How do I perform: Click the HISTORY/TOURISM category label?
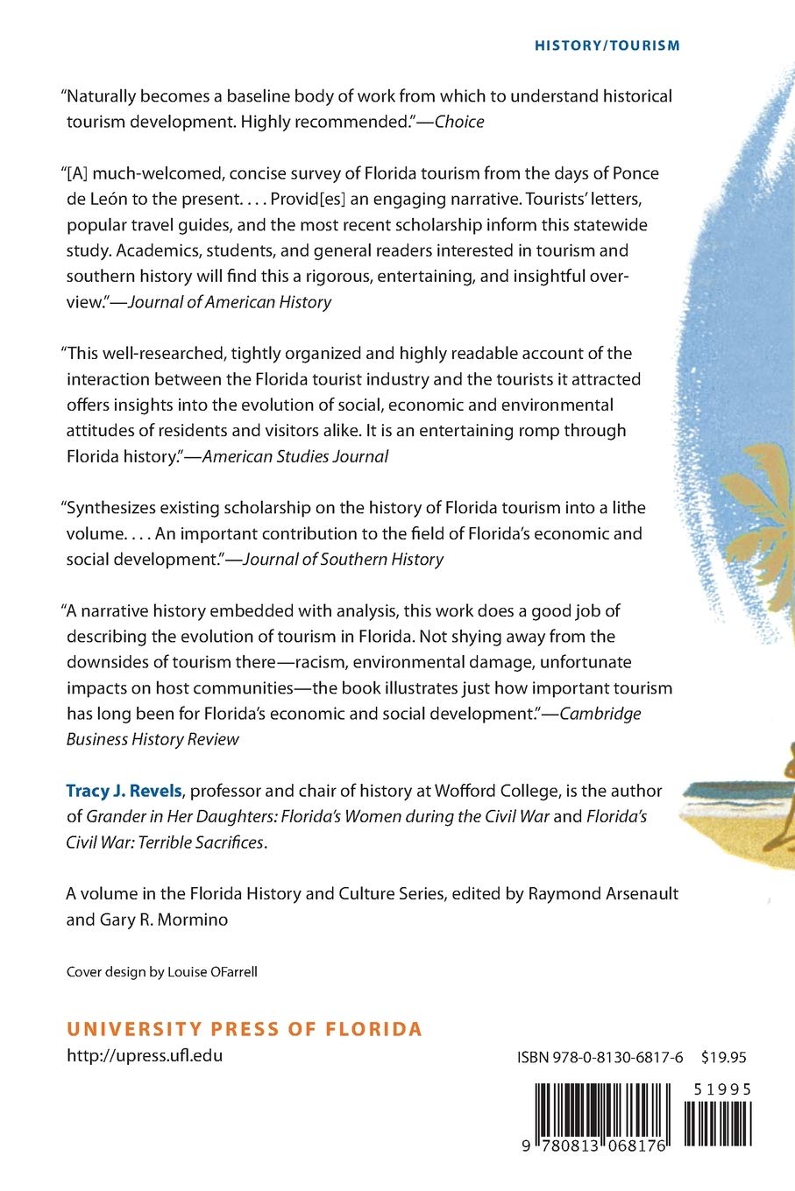coord(607,46)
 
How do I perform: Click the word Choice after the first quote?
coord(459,122)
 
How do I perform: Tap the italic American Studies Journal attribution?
coord(295,456)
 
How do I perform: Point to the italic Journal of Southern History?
coord(343,559)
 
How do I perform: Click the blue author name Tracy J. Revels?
coord(124,791)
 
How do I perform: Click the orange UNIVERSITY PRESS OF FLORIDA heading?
coord(245,1029)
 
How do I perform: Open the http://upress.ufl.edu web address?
coord(145,1055)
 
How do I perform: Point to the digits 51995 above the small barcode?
coord(721,1089)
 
